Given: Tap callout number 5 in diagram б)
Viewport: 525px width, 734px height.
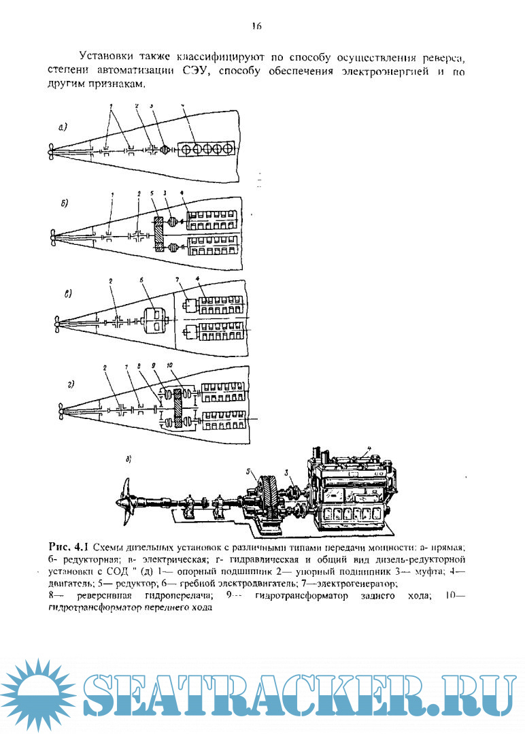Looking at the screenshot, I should tap(154, 194).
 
